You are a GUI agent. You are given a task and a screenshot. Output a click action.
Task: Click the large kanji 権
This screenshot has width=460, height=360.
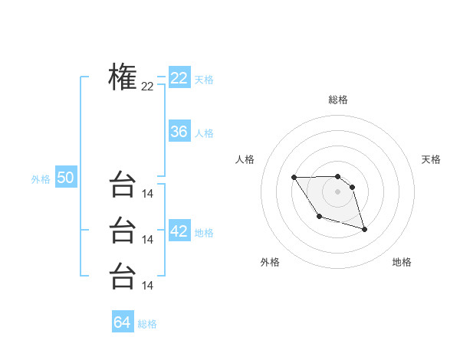tap(123, 77)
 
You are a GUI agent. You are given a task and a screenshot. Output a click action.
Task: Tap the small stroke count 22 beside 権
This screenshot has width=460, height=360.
tap(147, 87)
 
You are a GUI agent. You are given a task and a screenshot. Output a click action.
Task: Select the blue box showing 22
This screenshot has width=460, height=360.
tap(179, 78)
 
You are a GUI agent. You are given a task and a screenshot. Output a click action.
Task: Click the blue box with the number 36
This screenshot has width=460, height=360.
tap(179, 132)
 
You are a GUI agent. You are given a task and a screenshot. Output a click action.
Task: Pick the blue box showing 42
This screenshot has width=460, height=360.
tap(179, 231)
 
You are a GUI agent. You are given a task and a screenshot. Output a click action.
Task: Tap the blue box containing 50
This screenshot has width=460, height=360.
tap(65, 178)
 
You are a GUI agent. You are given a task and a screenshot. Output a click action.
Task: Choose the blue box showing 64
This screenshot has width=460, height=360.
tap(123, 322)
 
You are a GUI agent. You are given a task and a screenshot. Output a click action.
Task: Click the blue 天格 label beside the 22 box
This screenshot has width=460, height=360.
tap(204, 80)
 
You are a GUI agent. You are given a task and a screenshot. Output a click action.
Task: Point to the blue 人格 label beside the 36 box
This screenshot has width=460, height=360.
tap(204, 133)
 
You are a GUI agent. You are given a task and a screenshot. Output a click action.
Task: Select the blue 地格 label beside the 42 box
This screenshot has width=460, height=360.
tap(204, 233)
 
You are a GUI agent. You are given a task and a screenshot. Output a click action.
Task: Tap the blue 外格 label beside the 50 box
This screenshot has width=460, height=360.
tap(41, 179)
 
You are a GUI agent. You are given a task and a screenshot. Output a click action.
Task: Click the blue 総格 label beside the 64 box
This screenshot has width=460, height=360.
tap(147, 324)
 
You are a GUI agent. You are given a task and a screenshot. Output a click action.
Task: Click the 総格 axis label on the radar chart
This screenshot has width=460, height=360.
tap(338, 100)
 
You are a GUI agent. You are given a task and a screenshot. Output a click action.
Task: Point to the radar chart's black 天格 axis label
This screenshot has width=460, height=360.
tap(431, 159)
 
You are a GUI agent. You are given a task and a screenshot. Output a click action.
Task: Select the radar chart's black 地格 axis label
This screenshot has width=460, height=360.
tap(402, 262)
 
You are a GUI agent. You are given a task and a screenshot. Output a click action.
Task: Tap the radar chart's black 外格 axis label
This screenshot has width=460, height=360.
tap(270, 262)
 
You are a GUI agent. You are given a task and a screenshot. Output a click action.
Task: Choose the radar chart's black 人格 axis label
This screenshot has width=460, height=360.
tap(245, 159)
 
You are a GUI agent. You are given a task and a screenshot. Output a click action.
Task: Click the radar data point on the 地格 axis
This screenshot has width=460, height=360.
tap(364, 230)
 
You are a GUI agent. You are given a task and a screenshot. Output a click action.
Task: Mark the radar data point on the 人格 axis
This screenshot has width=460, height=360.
tap(294, 178)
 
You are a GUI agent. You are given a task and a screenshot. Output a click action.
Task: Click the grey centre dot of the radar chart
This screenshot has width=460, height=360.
tap(338, 191)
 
